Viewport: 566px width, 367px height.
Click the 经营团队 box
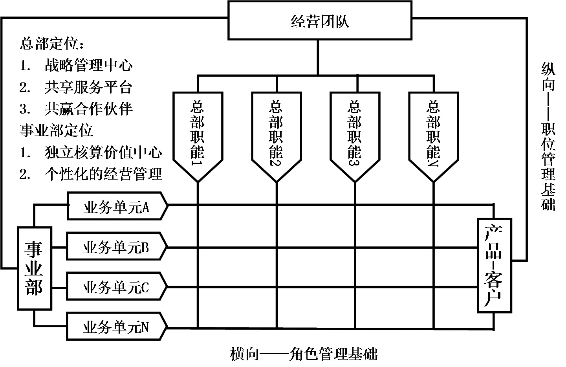point(320,20)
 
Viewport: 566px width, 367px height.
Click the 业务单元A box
point(117,206)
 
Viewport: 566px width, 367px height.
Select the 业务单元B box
point(116,247)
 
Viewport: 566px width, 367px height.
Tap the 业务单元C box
point(116,287)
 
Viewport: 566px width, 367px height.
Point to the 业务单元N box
point(116,327)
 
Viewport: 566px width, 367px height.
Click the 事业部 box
point(35,268)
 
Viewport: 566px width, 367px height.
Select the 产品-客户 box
point(494,266)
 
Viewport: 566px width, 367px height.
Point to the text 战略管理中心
point(88,65)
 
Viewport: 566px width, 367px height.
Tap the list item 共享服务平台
point(88,87)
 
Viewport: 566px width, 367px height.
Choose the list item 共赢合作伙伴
point(88,109)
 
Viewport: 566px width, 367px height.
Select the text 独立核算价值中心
point(103,152)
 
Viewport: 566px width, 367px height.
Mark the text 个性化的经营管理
point(103,174)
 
